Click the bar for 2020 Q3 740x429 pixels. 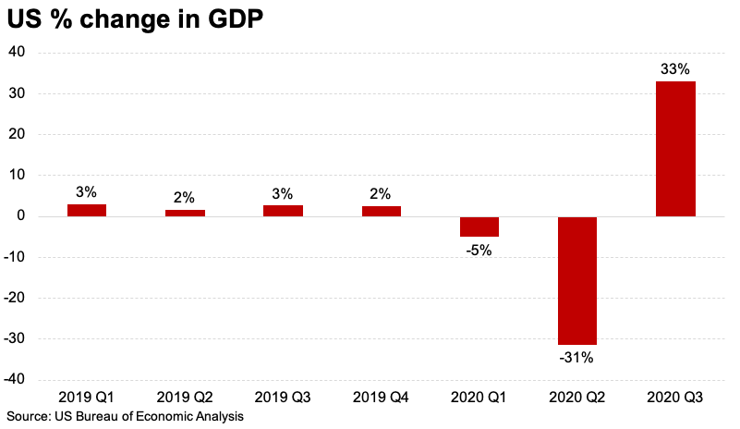point(675,149)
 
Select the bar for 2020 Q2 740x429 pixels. point(577,280)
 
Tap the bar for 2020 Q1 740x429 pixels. point(479,227)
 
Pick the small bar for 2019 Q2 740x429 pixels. point(185,213)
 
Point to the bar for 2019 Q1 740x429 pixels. point(87,210)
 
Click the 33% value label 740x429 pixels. point(675,69)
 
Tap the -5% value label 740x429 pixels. point(479,250)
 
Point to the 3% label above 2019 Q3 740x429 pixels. point(283,193)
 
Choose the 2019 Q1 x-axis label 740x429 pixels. point(87,397)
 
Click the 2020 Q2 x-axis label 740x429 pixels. point(577,397)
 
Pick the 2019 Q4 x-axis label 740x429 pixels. point(381,397)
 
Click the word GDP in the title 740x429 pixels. point(237,20)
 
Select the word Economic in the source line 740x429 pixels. point(165,417)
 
